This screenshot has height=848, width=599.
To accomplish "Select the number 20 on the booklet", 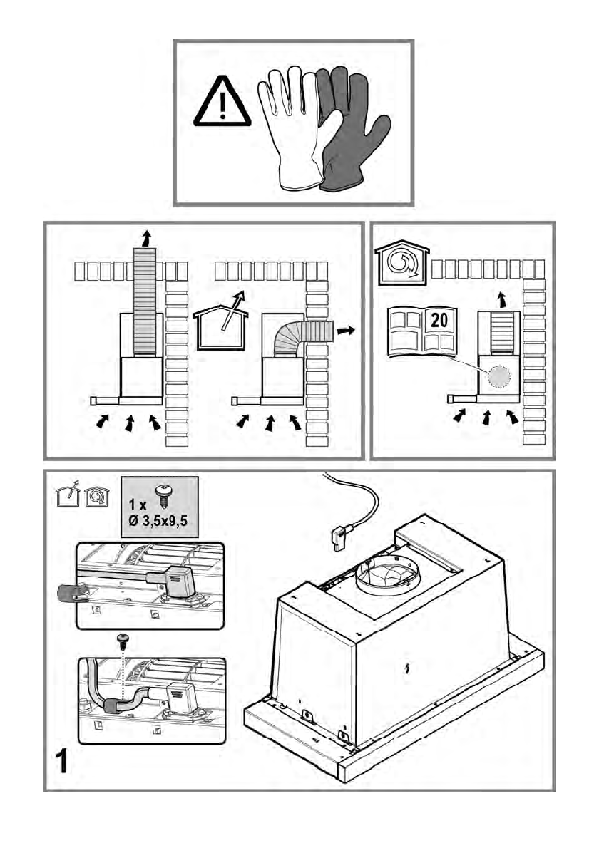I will click(x=439, y=321).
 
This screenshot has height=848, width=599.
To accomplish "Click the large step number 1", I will click(x=63, y=762).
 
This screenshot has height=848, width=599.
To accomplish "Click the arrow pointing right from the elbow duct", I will click(x=346, y=331).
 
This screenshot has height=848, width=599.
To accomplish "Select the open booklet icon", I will click(x=422, y=333).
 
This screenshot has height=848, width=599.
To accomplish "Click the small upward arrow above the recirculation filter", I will click(x=502, y=299).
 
